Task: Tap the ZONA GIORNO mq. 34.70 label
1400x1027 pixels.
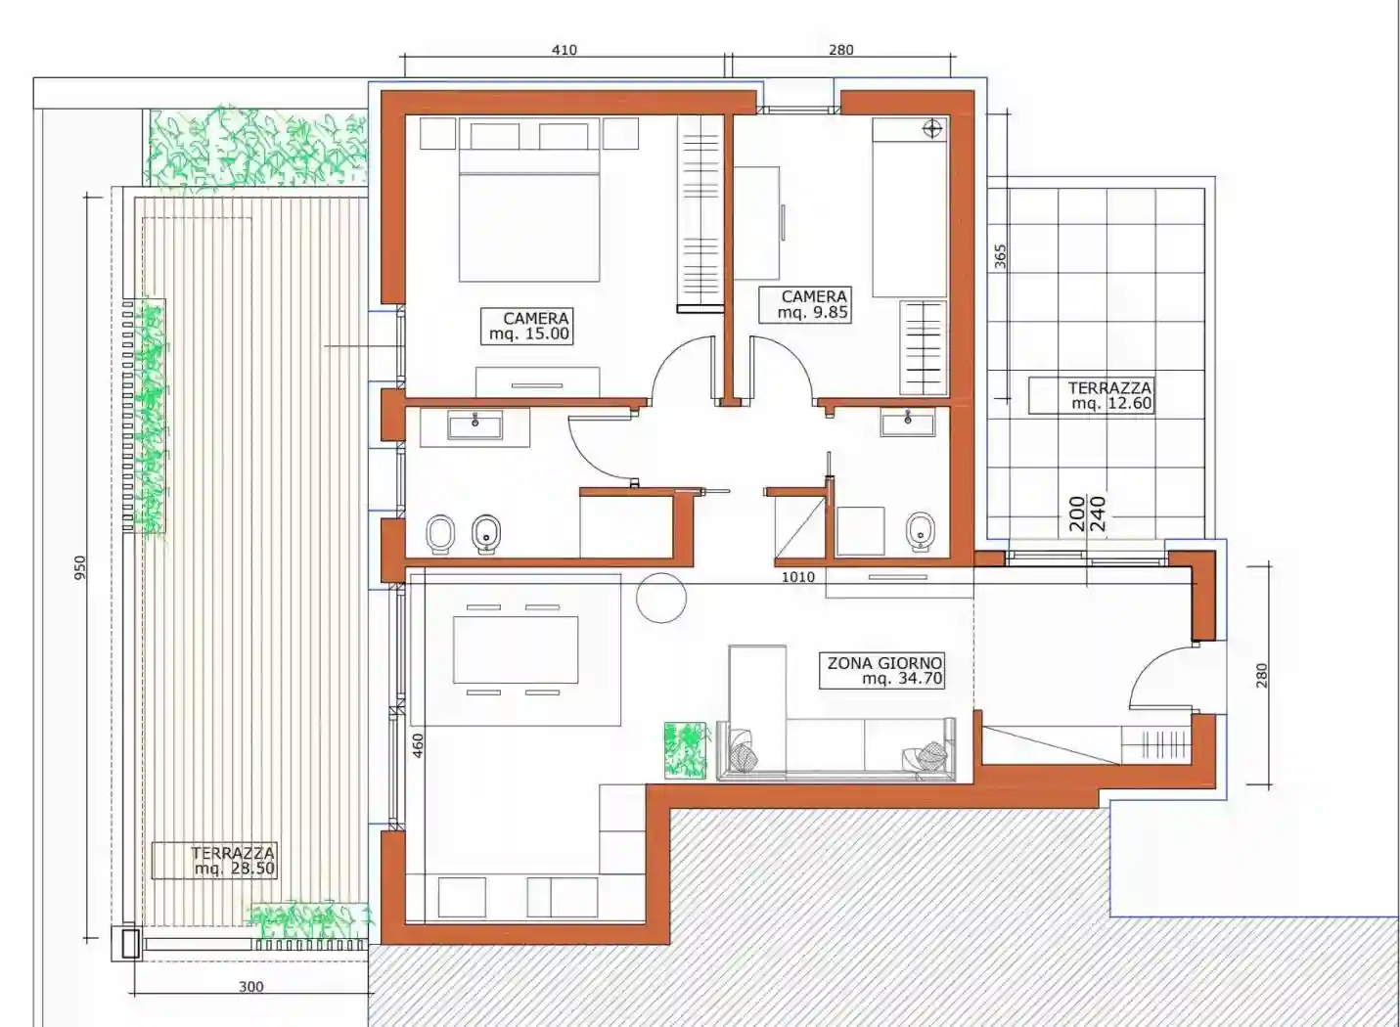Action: pyautogui.click(x=883, y=670)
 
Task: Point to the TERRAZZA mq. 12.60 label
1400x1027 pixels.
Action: pyautogui.click(x=1092, y=395)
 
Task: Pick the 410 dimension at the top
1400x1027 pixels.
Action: pyautogui.click(x=565, y=50)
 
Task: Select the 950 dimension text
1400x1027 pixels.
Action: pyautogui.click(x=80, y=567)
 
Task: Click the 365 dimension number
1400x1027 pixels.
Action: pyautogui.click(x=1000, y=256)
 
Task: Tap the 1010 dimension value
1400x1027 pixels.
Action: pyautogui.click(x=797, y=577)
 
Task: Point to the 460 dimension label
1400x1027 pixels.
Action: pyautogui.click(x=418, y=746)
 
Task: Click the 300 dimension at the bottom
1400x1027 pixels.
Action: pyautogui.click(x=250, y=986)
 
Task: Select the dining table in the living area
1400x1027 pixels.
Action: pyautogui.click(x=515, y=649)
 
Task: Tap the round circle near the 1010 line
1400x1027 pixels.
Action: pyautogui.click(x=661, y=598)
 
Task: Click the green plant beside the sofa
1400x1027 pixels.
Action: pyautogui.click(x=685, y=750)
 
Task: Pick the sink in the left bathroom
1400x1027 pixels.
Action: pyautogui.click(x=474, y=425)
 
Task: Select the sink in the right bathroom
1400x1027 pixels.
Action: pyautogui.click(x=908, y=423)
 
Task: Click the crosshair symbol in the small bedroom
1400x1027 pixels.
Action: pyautogui.click(x=932, y=128)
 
